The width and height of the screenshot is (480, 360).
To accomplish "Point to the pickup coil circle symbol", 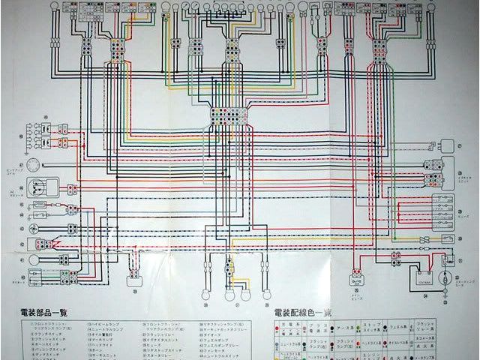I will coord(32,166).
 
